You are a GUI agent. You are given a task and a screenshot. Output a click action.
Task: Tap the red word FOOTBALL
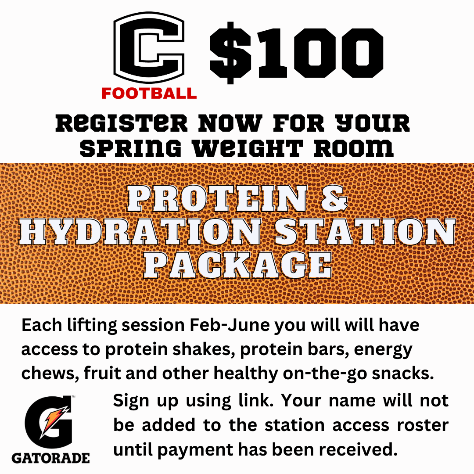149,93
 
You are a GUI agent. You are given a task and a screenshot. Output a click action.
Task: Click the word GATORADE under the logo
50,458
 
